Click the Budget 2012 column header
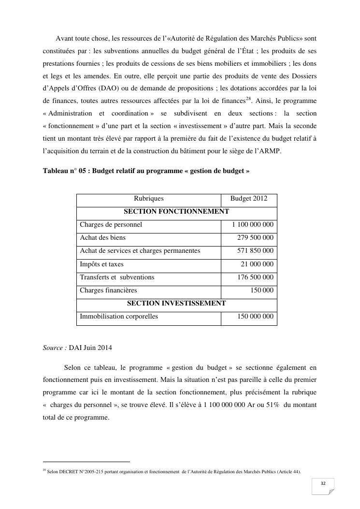point(248,199)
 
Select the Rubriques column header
point(149,199)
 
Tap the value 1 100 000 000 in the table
point(253,225)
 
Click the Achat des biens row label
point(102,238)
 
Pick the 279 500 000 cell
point(255,238)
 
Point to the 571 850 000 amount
point(255,251)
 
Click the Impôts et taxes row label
point(101,264)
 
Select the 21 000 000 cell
point(257,264)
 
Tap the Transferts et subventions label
point(117,277)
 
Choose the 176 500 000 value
point(255,277)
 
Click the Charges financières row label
point(108,291)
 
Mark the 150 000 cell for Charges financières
point(262,291)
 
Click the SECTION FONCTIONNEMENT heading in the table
point(176,212)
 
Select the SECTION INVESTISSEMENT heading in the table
point(176,304)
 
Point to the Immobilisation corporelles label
point(119,317)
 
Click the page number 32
point(323,484)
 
